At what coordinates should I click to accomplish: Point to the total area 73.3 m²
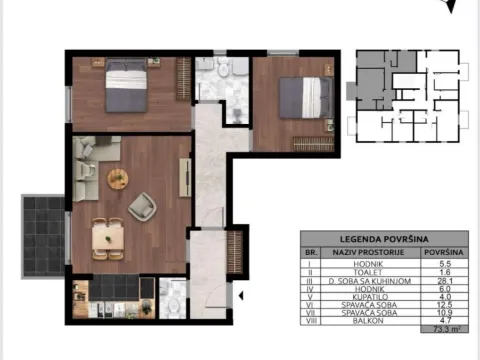(x=436, y=329)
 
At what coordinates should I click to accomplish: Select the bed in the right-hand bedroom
(x=304, y=98)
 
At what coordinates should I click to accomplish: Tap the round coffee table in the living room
(x=118, y=179)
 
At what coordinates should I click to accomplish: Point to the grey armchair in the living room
(x=141, y=207)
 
